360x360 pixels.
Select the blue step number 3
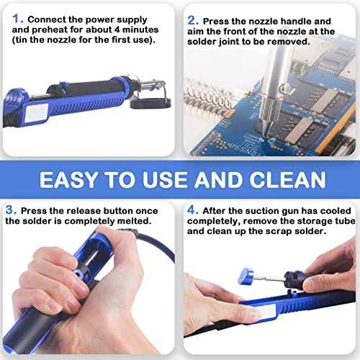point(10,210)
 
